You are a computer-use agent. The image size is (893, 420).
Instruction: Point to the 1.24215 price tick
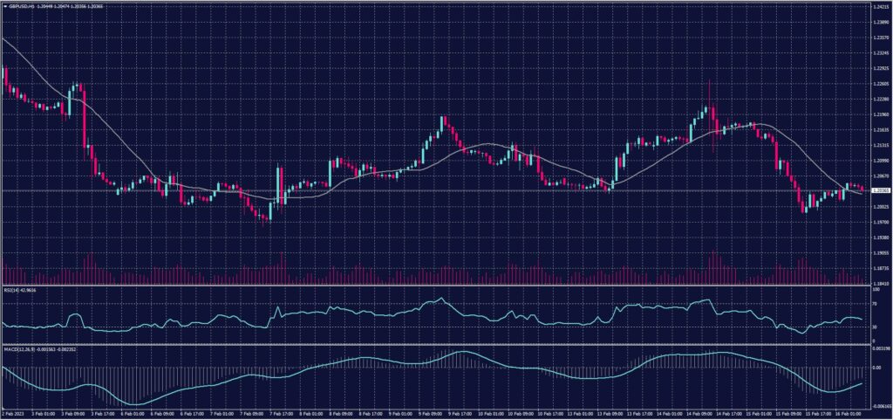click(x=879, y=6)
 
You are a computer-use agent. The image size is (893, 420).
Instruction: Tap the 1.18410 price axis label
click(x=879, y=284)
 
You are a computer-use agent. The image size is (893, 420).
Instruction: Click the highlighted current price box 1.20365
click(x=879, y=190)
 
